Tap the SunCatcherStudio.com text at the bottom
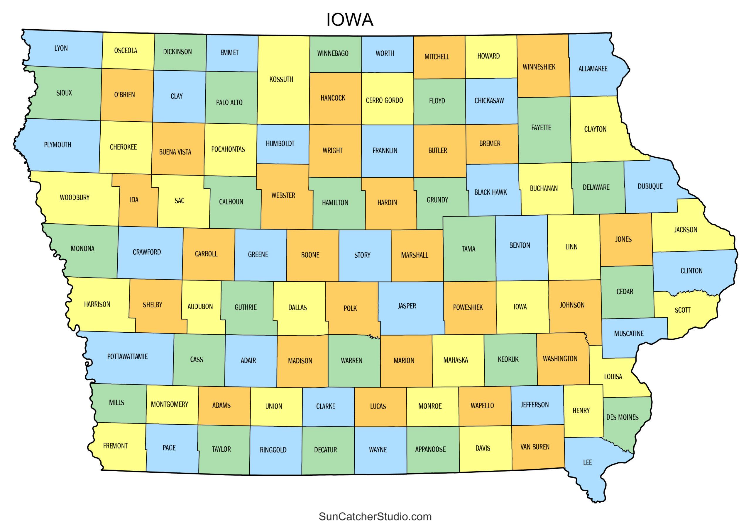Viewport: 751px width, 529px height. coord(375,516)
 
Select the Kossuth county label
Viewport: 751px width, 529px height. coord(281,79)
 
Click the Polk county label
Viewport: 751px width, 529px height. coord(350,308)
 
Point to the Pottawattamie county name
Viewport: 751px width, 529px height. coord(127,356)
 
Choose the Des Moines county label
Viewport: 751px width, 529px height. coord(622,417)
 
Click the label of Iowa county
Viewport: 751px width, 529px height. coord(520,307)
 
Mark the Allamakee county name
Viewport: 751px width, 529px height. coord(593,69)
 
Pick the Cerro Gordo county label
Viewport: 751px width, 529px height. coord(384,101)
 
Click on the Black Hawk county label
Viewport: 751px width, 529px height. coord(490,193)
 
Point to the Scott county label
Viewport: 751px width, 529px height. coord(682,310)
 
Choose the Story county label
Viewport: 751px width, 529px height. coord(362,255)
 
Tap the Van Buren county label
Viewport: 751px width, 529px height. coord(535,447)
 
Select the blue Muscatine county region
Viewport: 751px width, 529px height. coord(621,343)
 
